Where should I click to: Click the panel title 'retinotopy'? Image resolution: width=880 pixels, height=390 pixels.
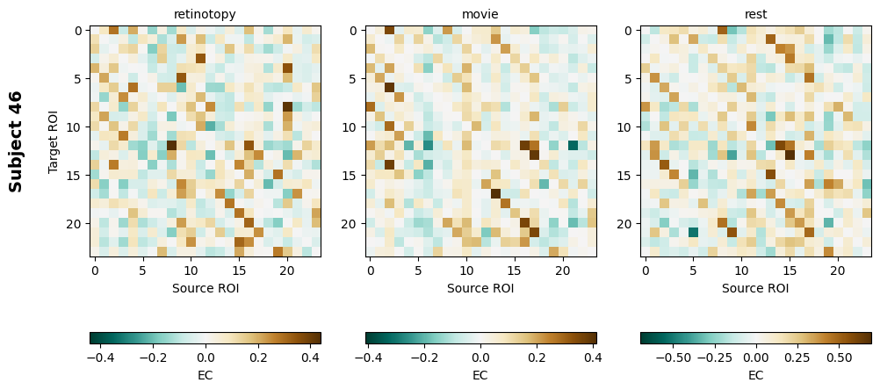(x=205, y=14)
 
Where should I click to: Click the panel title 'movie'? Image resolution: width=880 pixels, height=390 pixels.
(x=480, y=14)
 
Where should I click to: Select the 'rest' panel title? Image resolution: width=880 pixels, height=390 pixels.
(x=755, y=14)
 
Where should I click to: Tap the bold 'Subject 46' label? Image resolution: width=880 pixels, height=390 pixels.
(x=16, y=141)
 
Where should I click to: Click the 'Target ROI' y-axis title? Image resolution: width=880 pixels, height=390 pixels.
(x=54, y=141)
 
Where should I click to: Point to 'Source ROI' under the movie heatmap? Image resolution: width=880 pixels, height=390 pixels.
(x=480, y=287)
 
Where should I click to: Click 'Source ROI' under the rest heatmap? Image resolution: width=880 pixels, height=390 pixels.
(x=755, y=287)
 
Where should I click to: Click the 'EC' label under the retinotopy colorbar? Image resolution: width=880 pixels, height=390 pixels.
(x=205, y=375)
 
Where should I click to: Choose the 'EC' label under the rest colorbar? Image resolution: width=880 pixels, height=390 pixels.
(x=755, y=375)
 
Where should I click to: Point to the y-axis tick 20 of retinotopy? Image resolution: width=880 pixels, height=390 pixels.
(x=75, y=224)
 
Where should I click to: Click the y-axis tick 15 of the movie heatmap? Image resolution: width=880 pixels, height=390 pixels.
(x=350, y=176)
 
